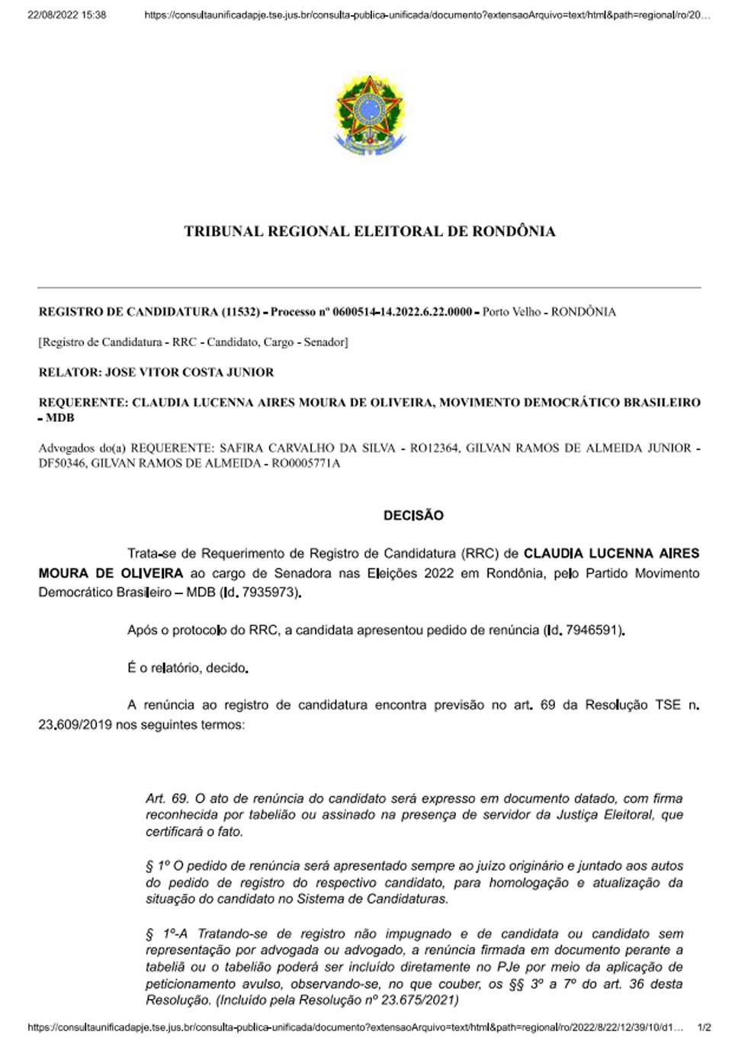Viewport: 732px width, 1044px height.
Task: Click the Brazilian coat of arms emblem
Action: [370, 114]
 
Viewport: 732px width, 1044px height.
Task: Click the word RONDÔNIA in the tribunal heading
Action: [513, 231]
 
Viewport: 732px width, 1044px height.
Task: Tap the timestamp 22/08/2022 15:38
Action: [67, 14]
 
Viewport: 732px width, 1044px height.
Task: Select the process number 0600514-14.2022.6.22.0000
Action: [402, 312]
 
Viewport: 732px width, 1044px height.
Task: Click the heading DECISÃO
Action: [413, 516]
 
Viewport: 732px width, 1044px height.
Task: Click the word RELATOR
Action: [69, 372]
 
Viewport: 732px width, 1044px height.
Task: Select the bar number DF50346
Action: [63, 463]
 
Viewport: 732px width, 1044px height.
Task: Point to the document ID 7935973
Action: [270, 593]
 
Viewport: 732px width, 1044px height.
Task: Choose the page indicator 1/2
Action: [704, 1027]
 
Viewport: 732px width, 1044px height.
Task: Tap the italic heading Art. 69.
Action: [167, 798]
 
